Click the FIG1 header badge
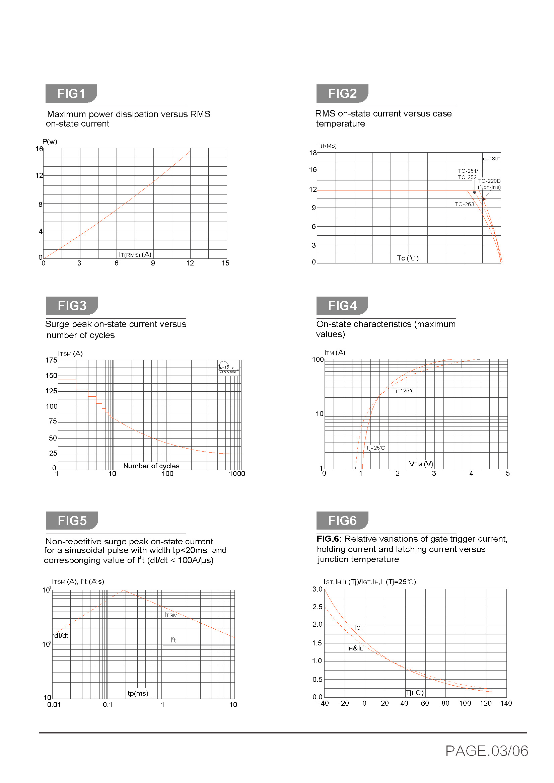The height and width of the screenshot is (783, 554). click(71, 93)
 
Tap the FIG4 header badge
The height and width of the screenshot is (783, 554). click(342, 306)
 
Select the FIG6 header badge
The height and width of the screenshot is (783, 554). click(342, 521)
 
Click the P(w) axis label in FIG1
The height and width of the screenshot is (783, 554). click(50, 142)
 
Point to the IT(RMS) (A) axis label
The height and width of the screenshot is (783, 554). click(135, 254)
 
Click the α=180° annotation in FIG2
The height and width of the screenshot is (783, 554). click(491, 159)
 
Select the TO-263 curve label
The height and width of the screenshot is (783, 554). click(464, 204)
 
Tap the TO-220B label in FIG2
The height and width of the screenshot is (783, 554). click(489, 181)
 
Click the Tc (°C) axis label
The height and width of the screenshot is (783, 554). click(407, 258)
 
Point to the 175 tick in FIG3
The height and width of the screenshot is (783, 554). click(52, 360)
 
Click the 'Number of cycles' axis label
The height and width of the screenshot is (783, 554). click(151, 466)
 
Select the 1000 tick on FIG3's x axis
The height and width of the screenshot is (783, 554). click(237, 473)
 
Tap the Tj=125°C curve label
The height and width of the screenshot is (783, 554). click(403, 390)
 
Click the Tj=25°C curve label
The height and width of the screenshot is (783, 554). click(375, 448)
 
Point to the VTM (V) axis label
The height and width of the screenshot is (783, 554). click(421, 464)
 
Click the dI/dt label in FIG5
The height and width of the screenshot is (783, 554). click(61, 636)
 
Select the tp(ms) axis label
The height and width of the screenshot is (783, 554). click(138, 693)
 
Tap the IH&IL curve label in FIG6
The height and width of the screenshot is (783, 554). click(355, 648)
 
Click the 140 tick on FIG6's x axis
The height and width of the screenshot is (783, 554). click(506, 703)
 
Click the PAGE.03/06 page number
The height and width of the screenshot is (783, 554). click(486, 751)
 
